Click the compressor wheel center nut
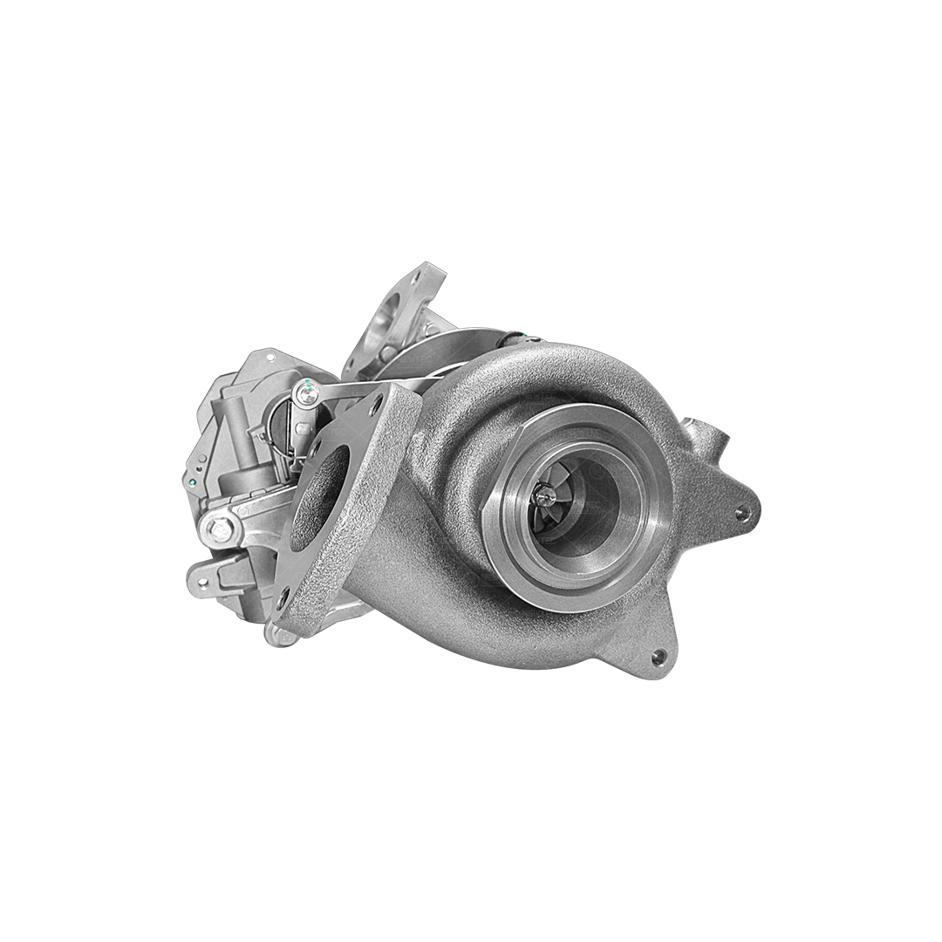(x=547, y=496)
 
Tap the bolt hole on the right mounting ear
(x=741, y=513)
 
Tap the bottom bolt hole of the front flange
(x=282, y=599)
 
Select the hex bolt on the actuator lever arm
(x=222, y=527)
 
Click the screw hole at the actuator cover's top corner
(x=270, y=357)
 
